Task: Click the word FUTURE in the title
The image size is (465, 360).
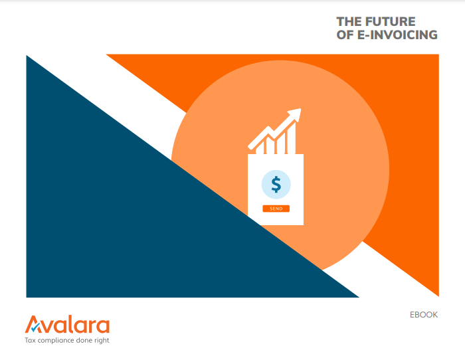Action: (x=390, y=22)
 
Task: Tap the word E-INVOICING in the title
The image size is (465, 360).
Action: (x=397, y=35)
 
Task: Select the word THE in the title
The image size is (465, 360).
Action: (x=349, y=22)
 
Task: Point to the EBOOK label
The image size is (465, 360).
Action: (x=424, y=315)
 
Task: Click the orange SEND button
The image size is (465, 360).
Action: (x=276, y=209)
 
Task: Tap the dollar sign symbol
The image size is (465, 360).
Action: (x=276, y=185)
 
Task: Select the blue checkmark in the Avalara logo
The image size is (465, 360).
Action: (x=36, y=327)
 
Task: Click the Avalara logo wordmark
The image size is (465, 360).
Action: (x=67, y=324)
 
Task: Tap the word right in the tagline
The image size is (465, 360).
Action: (x=102, y=341)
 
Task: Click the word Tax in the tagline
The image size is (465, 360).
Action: (x=31, y=340)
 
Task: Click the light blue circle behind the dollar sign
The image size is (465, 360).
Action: (x=276, y=185)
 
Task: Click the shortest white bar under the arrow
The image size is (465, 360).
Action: (x=260, y=148)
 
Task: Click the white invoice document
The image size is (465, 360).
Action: (x=276, y=189)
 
